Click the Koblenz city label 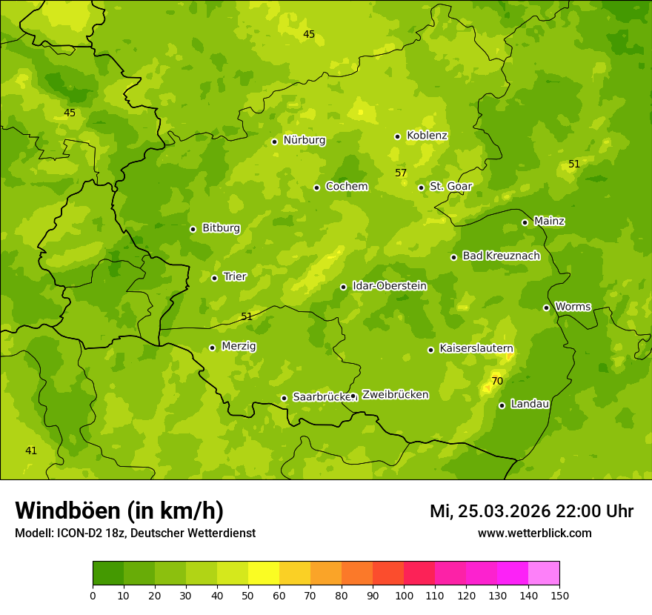tap(427, 136)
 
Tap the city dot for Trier tap(215, 278)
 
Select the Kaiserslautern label tap(476, 348)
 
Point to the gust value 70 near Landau tap(497, 381)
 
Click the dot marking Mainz tap(525, 222)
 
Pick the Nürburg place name tap(304, 140)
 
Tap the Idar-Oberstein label tap(389, 285)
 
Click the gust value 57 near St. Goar tap(401, 173)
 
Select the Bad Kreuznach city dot tap(453, 257)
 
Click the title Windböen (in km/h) tap(119, 511)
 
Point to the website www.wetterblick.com tap(534, 533)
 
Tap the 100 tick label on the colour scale tap(404, 595)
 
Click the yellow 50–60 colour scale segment tap(264, 574)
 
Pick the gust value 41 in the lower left tap(31, 451)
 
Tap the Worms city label tap(573, 306)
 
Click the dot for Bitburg tap(193, 229)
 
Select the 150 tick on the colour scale tap(559, 595)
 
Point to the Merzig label tap(239, 346)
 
